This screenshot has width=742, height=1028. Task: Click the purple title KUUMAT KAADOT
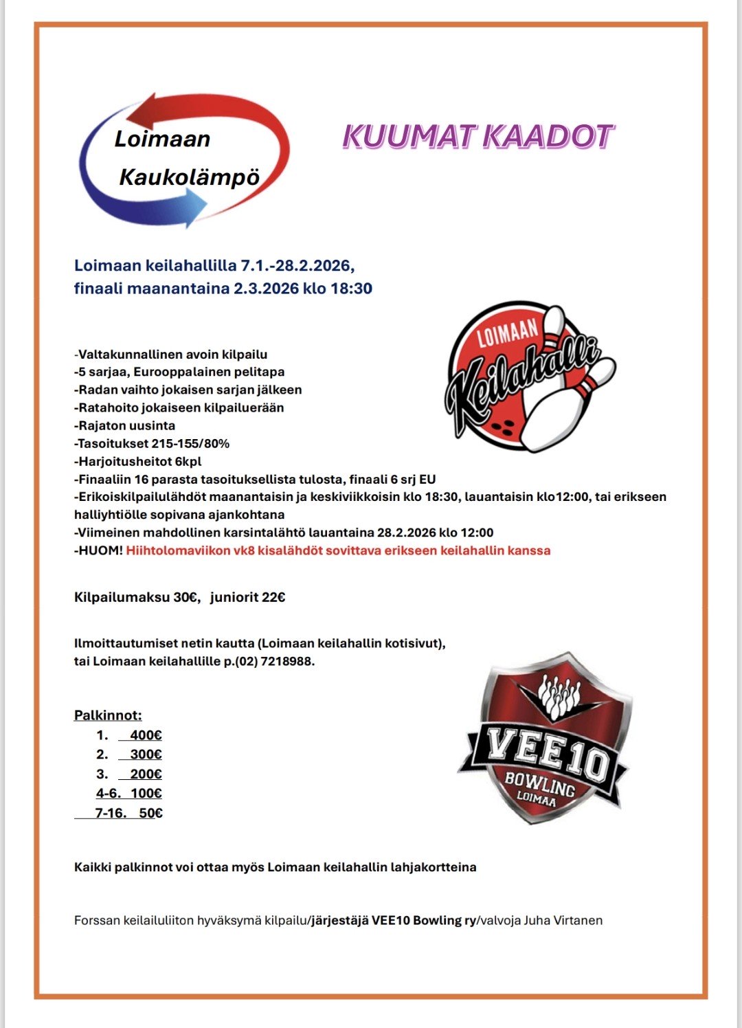(477, 137)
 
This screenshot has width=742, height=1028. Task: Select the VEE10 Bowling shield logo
(543, 739)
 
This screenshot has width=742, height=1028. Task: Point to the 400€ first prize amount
(146, 735)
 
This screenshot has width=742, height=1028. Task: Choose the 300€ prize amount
(146, 755)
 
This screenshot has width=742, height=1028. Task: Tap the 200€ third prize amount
(146, 774)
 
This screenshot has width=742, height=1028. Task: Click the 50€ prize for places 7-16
(150, 814)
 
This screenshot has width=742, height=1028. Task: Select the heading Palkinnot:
(108, 715)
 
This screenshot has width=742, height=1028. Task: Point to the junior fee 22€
(273, 597)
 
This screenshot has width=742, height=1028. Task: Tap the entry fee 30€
(185, 597)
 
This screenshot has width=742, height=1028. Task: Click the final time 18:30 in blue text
(351, 289)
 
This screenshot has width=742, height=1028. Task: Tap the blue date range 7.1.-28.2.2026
(297, 265)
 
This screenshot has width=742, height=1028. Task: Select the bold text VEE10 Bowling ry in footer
(424, 920)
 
